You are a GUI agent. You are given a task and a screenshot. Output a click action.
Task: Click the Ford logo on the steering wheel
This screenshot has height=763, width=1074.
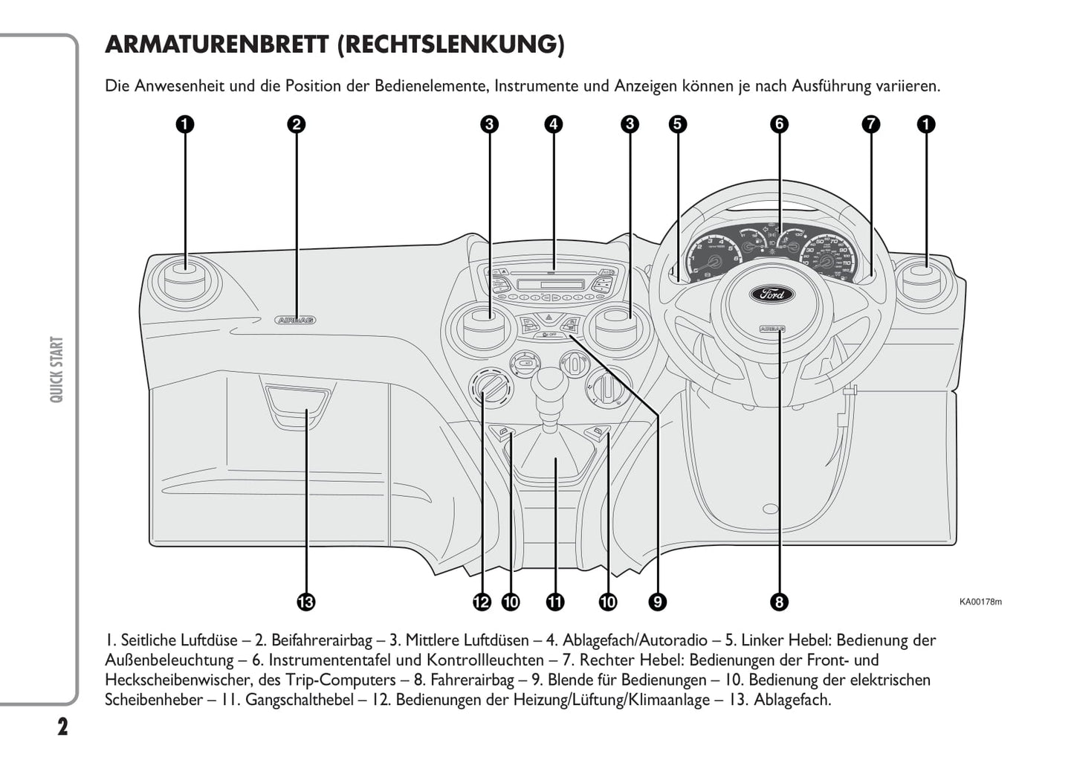(x=772, y=294)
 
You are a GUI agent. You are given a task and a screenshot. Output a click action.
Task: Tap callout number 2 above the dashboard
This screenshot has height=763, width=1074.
(x=296, y=124)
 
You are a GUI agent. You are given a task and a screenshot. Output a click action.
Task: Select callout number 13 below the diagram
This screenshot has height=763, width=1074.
(x=305, y=602)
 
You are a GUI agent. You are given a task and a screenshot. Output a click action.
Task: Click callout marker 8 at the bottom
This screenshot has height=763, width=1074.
(x=779, y=602)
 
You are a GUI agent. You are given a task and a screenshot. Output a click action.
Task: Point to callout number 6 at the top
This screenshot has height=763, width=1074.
(x=779, y=124)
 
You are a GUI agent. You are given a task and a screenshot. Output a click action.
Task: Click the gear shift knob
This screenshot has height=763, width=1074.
(x=550, y=380)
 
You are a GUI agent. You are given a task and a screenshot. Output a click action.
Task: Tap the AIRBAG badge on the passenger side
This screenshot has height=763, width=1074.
(x=296, y=320)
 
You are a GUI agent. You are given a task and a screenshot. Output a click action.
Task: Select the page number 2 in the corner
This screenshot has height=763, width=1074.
(x=62, y=727)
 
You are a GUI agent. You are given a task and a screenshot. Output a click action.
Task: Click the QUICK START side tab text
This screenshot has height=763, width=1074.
(x=56, y=370)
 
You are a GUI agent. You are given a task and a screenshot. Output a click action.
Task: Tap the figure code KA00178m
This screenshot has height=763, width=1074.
(x=980, y=602)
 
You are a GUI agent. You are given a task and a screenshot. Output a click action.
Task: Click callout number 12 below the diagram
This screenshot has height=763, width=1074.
(x=482, y=602)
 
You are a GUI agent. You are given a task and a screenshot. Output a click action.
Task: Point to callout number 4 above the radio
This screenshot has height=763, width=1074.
(x=553, y=124)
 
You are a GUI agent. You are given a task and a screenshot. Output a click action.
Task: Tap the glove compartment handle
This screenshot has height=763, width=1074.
(x=296, y=405)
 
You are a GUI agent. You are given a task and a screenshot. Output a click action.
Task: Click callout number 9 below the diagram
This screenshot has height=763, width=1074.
(x=656, y=602)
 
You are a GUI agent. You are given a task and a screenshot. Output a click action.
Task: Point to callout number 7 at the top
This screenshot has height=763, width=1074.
(x=871, y=124)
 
